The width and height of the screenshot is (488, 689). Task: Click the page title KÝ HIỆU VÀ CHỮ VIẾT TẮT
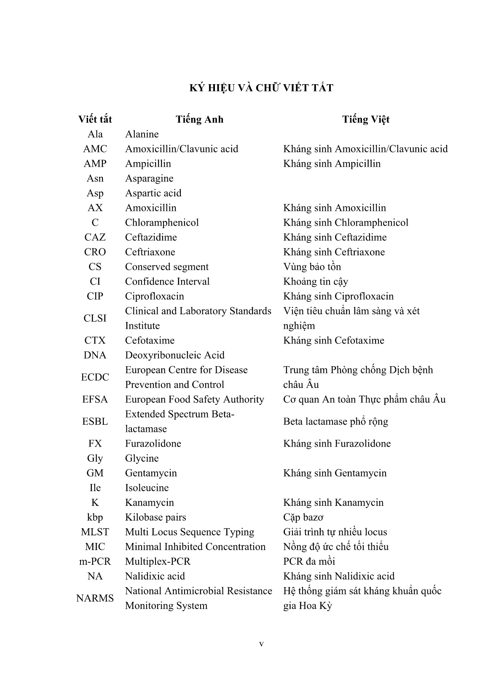261,88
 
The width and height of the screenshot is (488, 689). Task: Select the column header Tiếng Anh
199,120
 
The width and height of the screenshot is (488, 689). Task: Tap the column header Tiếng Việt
365,120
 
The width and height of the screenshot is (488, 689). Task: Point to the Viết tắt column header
95,120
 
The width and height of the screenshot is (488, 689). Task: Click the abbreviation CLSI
95,318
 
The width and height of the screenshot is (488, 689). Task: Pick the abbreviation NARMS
95,598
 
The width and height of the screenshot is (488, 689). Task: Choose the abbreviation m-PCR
95,561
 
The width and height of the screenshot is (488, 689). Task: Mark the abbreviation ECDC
95,377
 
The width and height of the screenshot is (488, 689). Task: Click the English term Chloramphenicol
162,223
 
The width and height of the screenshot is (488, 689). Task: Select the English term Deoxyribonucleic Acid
174,355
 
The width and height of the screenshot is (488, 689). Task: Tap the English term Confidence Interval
167,282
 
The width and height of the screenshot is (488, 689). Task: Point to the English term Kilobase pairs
156,517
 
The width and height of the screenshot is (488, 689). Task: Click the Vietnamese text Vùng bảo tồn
312,267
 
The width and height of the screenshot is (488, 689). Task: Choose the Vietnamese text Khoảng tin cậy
316,282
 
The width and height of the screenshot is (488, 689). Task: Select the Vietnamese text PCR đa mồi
309,561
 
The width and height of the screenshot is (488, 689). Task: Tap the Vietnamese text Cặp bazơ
303,517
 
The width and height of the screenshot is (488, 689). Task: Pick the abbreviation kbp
95,517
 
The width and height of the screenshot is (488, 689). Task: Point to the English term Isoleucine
147,488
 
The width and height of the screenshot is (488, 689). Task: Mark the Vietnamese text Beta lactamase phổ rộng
335,421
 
